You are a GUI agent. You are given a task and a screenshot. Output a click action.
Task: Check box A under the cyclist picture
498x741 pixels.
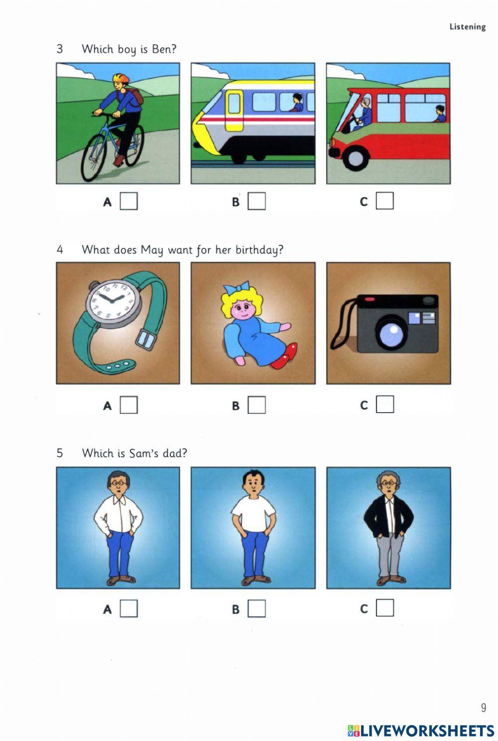click(128, 202)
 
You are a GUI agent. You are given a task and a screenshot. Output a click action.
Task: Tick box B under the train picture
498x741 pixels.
click(256, 202)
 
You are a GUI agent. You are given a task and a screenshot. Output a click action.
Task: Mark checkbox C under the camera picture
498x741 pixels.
click(384, 405)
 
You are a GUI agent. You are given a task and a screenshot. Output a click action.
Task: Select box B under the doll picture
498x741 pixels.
click(256, 405)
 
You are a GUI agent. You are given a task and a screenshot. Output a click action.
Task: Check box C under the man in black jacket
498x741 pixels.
click(384, 608)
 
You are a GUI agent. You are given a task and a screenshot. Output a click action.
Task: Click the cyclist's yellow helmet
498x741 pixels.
click(121, 78)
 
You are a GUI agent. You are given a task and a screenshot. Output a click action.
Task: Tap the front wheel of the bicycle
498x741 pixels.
click(94, 157)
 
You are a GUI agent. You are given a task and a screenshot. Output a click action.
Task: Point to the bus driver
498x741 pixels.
click(365, 112)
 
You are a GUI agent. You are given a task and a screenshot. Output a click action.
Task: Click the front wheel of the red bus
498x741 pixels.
click(356, 158)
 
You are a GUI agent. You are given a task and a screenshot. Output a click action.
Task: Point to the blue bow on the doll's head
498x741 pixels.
click(236, 288)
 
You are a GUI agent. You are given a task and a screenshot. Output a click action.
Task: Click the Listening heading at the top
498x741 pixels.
click(467, 27)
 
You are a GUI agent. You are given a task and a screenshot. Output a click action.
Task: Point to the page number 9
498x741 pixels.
click(483, 707)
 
